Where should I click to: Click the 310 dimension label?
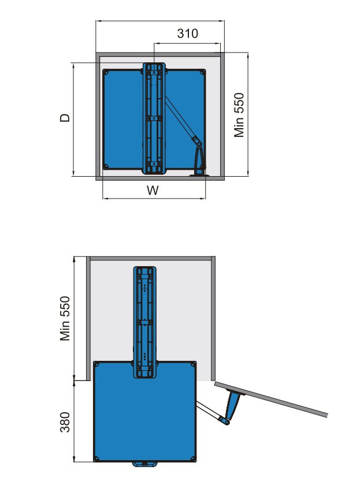coord(187,33)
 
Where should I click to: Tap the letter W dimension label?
coord(153,190)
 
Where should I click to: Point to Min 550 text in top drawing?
coord(239,115)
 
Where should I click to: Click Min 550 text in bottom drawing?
coord(66,318)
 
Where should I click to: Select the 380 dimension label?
coord(66,422)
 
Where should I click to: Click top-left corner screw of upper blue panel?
coord(106,73)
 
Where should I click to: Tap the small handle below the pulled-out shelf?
coord(144,464)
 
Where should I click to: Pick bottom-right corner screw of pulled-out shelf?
coord(192,458)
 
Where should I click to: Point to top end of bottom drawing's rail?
coord(145,272)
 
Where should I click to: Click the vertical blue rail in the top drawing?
coord(154,118)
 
